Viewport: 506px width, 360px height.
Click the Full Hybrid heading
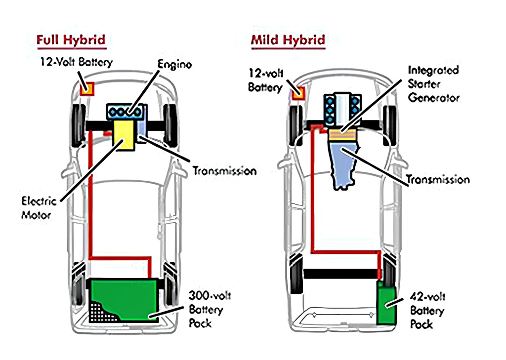click(x=71, y=40)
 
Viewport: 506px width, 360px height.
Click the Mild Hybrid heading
click(x=288, y=40)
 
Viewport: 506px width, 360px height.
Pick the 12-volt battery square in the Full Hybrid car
click(x=87, y=89)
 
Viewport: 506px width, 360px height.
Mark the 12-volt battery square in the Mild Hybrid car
click(x=299, y=92)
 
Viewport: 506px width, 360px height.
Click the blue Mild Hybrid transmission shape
click(x=343, y=163)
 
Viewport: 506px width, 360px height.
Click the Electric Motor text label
click(x=40, y=208)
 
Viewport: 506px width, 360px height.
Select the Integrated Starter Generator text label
click(x=433, y=83)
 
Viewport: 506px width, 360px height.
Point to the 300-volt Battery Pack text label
click(x=210, y=310)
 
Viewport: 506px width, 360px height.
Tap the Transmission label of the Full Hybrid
click(x=224, y=171)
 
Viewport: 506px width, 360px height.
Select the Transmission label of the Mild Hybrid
click(x=437, y=179)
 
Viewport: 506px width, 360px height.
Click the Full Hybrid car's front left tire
click(x=78, y=125)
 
